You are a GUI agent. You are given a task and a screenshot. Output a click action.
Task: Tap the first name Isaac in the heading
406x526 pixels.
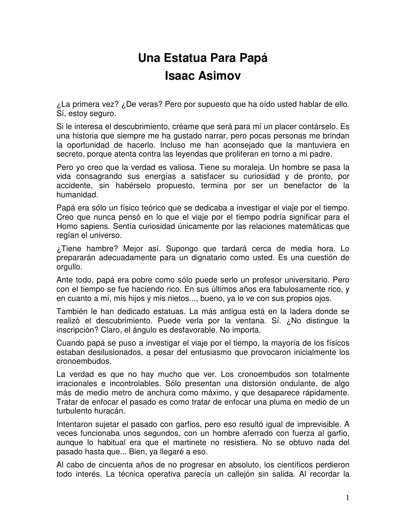[180, 76]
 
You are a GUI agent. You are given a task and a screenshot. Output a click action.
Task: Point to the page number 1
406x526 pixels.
[347, 498]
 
